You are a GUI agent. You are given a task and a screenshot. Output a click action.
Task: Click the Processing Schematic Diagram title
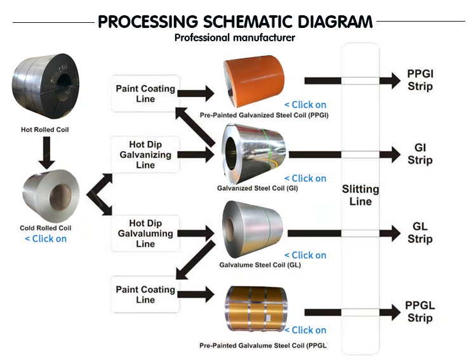tap(235, 22)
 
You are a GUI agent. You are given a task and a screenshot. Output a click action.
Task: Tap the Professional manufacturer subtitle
tap(235, 37)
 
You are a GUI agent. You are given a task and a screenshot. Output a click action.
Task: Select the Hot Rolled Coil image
tap(44, 88)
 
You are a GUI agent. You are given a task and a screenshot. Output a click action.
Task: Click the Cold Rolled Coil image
tap(46, 194)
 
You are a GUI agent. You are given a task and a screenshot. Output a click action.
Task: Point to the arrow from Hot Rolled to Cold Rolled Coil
tap(44, 153)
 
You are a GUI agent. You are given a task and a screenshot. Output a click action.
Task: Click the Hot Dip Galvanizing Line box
tap(145, 155)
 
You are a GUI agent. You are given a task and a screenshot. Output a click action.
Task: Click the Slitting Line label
tap(360, 196)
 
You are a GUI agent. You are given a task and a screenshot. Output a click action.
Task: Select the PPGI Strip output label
tap(420, 81)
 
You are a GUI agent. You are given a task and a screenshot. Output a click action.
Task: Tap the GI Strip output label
tap(420, 154)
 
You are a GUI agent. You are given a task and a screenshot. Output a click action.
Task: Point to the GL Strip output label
tap(420, 234)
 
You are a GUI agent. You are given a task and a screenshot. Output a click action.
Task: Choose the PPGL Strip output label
tap(420, 312)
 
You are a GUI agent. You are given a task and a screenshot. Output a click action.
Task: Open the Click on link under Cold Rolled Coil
tap(46, 239)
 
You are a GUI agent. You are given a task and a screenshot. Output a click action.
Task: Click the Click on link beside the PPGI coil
tap(305, 105)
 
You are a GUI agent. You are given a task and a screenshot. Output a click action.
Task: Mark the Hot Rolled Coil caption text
tap(44, 130)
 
